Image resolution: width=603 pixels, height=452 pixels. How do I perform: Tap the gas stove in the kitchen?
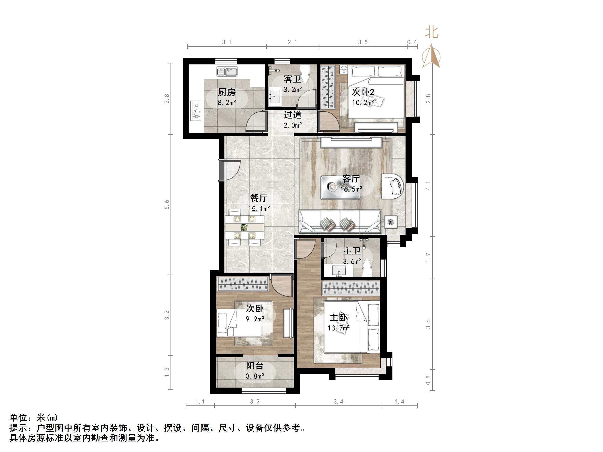[195, 111]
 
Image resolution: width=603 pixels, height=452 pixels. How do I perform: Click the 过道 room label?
[292, 115]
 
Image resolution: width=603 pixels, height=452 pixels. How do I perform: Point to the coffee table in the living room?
[340, 187]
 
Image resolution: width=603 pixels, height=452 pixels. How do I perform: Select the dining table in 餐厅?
[245, 227]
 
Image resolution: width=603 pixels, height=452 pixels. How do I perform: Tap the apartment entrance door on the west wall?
[221, 170]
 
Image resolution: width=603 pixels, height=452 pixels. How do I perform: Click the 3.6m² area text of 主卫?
[352, 261]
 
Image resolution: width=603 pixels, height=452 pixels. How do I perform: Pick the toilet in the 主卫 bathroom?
[367, 268]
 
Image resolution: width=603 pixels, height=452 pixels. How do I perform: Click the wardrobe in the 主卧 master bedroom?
[351, 288]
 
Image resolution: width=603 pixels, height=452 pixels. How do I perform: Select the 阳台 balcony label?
[255, 365]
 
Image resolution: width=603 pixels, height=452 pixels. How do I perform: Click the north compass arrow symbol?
[431, 56]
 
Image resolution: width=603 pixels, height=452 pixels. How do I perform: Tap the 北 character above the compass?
[431, 32]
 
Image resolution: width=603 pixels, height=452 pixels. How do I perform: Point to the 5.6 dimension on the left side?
[167, 205]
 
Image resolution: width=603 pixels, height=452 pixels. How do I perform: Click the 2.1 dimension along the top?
[292, 42]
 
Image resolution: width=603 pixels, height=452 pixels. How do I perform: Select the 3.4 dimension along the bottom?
[338, 401]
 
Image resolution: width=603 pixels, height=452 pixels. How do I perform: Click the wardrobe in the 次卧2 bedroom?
[328, 87]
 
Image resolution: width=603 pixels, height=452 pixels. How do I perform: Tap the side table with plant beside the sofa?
[391, 222]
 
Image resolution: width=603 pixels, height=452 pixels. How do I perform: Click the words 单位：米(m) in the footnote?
[34, 418]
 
